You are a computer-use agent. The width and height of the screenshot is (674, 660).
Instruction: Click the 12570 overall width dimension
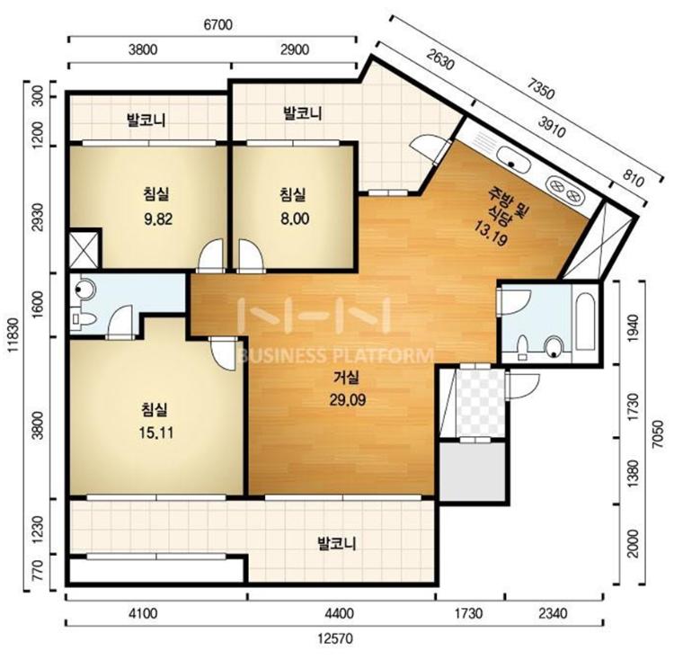(x=335, y=639)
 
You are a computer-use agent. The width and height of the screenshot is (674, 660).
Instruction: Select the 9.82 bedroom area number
(x=158, y=219)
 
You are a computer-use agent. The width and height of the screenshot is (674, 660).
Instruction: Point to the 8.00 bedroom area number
(x=295, y=219)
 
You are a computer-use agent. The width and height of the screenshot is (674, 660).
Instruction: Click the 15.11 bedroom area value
(x=156, y=433)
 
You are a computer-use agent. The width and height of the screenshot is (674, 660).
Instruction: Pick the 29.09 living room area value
(x=348, y=400)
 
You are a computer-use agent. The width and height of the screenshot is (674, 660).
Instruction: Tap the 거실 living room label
(x=347, y=378)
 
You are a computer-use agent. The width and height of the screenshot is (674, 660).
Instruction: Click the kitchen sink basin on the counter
(x=513, y=160)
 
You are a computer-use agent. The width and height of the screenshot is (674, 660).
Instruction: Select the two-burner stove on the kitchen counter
(x=565, y=190)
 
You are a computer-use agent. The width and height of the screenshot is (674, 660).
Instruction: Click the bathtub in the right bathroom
(x=585, y=321)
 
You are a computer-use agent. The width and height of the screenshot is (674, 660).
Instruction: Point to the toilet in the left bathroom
(x=84, y=319)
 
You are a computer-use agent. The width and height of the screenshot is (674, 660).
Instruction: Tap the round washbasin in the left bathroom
(x=84, y=289)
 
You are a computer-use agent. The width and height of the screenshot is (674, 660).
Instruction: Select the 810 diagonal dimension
(x=633, y=179)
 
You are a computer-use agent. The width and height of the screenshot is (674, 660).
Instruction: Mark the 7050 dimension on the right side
(x=658, y=433)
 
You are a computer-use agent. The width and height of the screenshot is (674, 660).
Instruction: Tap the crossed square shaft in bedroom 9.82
(x=84, y=249)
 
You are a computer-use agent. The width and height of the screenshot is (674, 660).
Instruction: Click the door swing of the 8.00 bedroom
(x=251, y=255)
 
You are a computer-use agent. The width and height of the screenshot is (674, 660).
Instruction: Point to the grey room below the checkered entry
(x=472, y=471)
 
